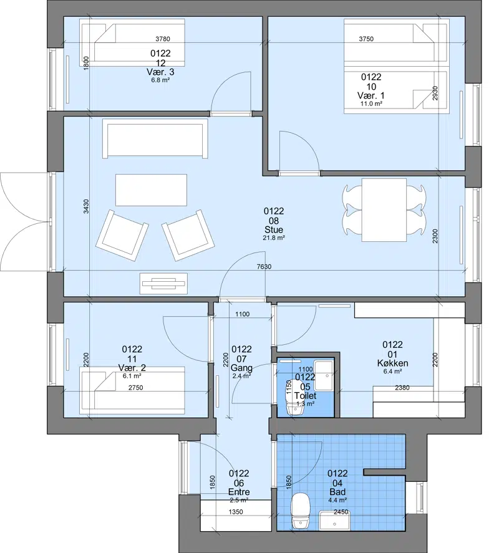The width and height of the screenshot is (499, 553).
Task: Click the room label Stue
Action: click(x=274, y=230)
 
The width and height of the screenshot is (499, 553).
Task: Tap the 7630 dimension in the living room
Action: click(x=264, y=267)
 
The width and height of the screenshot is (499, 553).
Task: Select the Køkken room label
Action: click(x=392, y=363)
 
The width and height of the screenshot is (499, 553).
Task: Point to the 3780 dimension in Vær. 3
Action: click(x=163, y=39)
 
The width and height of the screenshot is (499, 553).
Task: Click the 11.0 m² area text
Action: click(x=371, y=103)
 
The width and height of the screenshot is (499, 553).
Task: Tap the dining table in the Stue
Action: click(x=384, y=210)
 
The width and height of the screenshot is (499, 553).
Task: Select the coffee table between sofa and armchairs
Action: click(x=151, y=190)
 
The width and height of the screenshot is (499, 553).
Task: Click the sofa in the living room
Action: click(x=155, y=138)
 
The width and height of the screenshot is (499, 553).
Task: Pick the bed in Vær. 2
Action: click(x=132, y=391)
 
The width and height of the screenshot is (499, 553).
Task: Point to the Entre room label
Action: click(x=239, y=492)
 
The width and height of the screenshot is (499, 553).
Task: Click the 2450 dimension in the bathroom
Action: click(x=341, y=512)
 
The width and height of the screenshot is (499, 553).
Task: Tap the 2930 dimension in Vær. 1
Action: click(x=435, y=93)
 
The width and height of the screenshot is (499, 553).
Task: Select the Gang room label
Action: click(x=241, y=368)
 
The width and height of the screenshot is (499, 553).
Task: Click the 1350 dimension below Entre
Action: click(x=235, y=512)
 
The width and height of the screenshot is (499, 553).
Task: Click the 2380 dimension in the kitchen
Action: click(x=402, y=388)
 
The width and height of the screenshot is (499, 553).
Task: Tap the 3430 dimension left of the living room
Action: click(x=86, y=206)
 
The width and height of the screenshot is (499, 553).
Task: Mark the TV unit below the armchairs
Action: click(x=164, y=283)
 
